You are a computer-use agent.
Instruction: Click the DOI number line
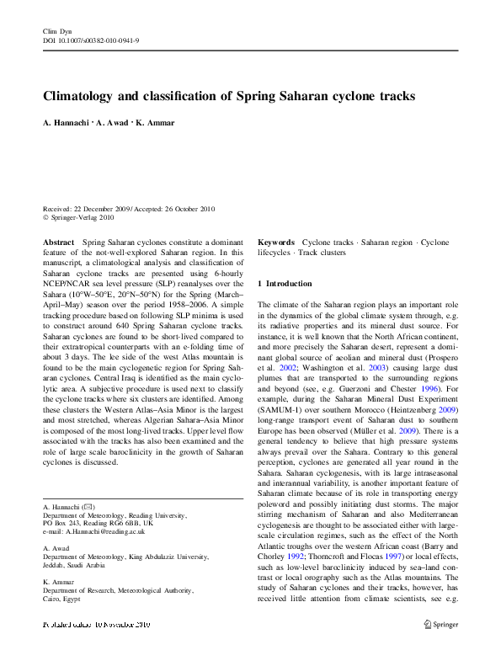pyautogui.click(x=91, y=40)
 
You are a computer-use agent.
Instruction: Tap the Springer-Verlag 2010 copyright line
pyautogui.click(x=83, y=217)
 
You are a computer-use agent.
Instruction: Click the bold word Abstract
pyautogui.click(x=59, y=242)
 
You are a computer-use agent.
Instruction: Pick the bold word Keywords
pyautogui.click(x=276, y=242)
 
